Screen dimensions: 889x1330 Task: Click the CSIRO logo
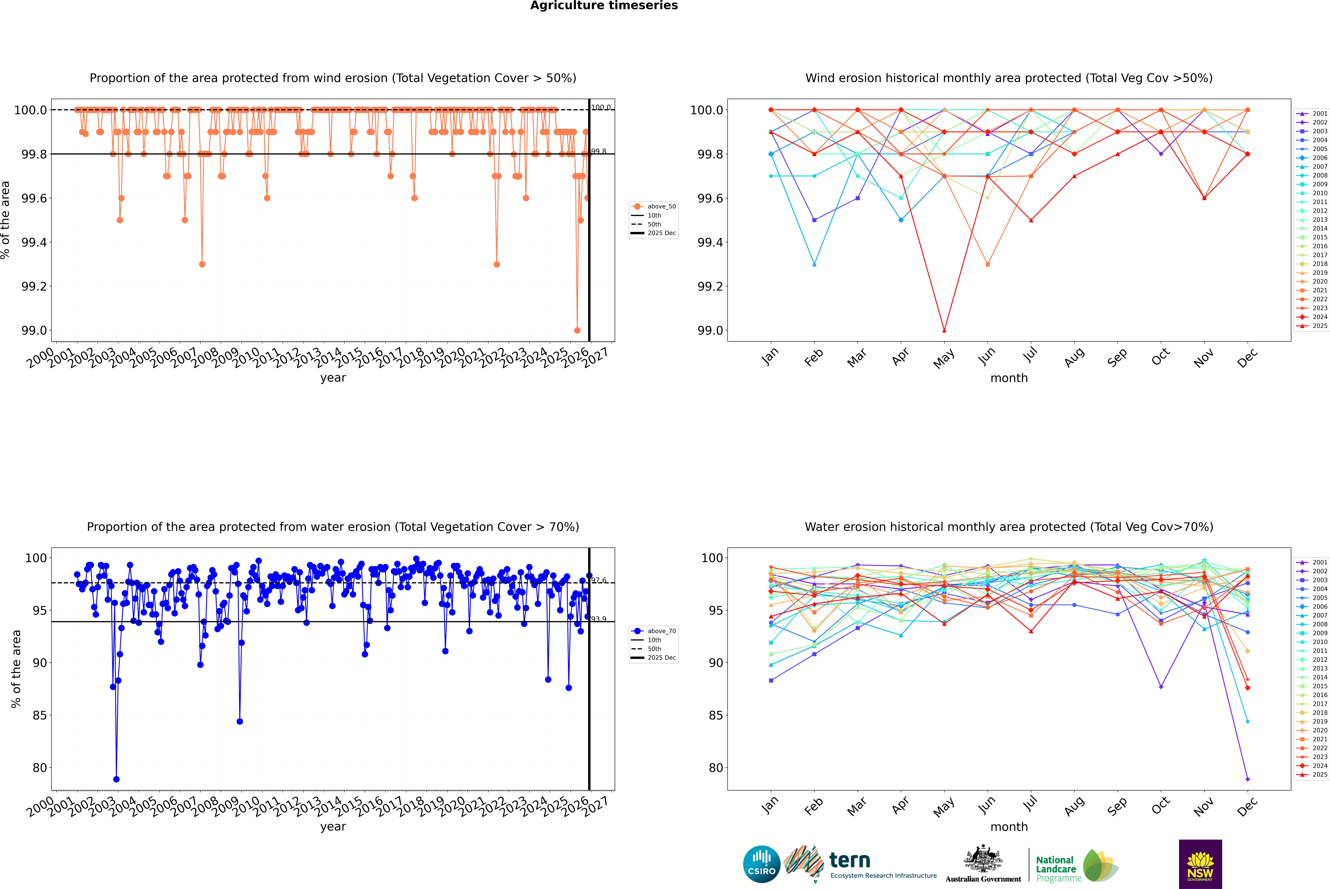point(761,864)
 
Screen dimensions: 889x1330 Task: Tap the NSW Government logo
point(1200,864)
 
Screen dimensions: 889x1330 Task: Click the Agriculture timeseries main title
point(604,6)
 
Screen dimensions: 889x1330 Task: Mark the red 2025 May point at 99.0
point(944,331)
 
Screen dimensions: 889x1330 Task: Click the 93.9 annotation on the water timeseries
point(599,619)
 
